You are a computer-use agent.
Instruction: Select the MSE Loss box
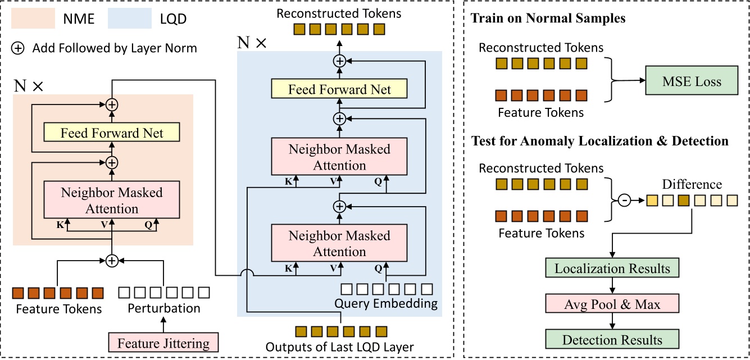[x=692, y=83]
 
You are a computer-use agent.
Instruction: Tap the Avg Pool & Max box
[x=612, y=305]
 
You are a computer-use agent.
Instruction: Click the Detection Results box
[x=612, y=340]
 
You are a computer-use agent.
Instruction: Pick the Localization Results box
[x=612, y=268]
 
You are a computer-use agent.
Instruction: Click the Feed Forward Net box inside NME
[x=112, y=133]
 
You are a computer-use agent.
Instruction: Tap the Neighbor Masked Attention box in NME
[x=112, y=200]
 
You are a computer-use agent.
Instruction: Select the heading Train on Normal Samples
[x=548, y=19]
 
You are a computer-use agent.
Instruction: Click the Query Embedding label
[x=386, y=304]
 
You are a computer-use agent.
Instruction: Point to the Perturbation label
[x=163, y=308]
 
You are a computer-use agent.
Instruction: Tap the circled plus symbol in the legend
[x=19, y=48]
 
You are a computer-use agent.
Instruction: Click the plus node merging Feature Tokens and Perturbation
[x=112, y=260]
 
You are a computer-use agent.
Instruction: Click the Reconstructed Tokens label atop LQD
[x=339, y=12]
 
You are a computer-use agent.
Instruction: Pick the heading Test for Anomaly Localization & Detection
[x=599, y=142]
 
